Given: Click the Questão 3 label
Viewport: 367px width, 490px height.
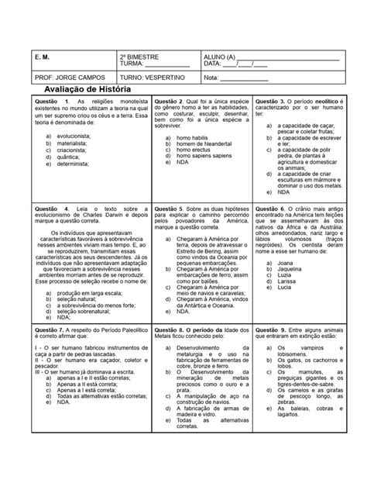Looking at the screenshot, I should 271,102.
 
